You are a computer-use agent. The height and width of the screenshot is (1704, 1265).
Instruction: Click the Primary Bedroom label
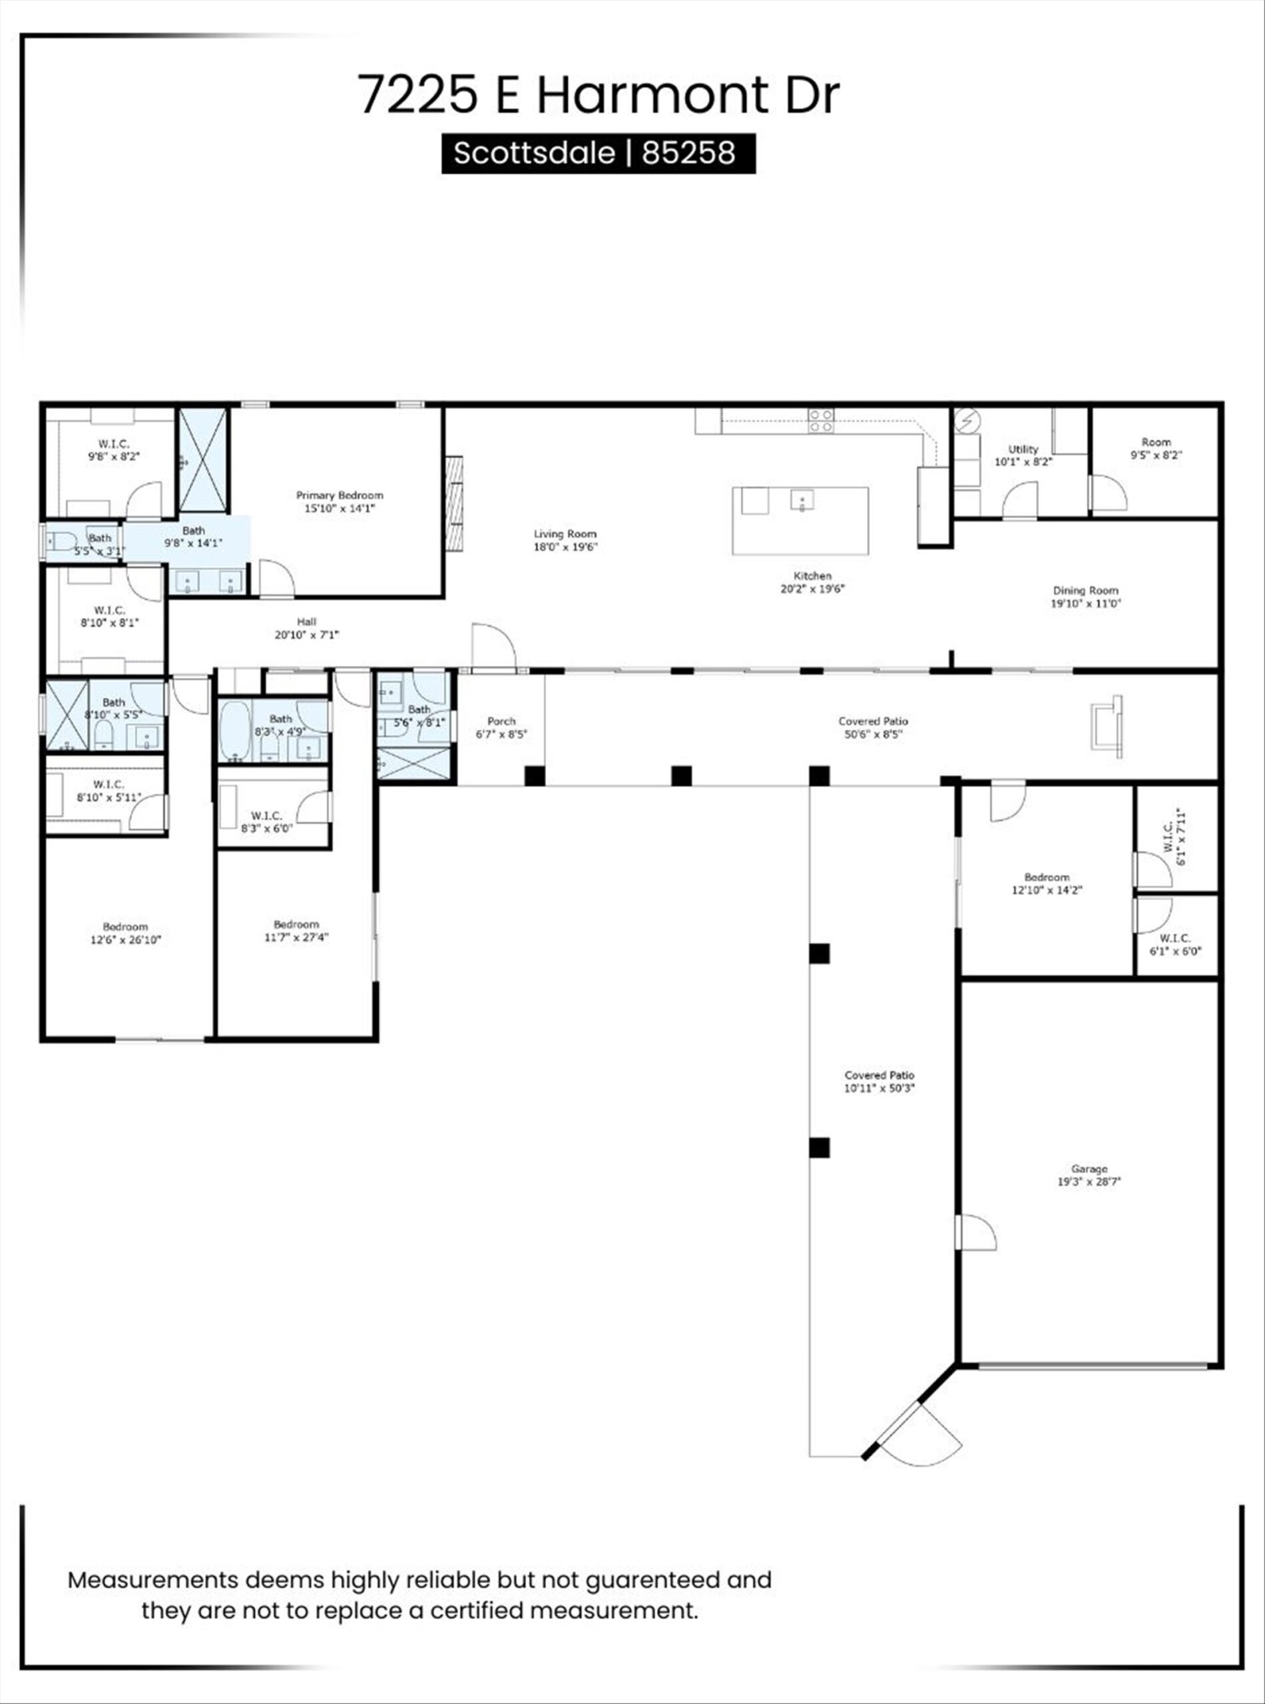[x=340, y=495]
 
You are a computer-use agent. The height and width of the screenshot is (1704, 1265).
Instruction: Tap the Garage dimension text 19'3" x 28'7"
[x=1089, y=1181]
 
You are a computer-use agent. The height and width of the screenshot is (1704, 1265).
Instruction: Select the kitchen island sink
[x=802, y=501]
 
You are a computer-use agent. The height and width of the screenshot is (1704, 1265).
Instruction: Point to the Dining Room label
[x=1085, y=590]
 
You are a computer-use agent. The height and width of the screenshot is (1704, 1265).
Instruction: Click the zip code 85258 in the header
[x=688, y=153]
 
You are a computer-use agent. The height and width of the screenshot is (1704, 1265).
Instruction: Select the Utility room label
[x=1023, y=449]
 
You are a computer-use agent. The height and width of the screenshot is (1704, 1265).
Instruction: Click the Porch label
[x=501, y=721]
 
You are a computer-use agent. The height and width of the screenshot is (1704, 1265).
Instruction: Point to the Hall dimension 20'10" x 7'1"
[x=306, y=634]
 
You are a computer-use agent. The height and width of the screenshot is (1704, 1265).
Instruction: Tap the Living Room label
[x=565, y=534]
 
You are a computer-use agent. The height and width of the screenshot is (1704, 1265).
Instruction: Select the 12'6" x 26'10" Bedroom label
[x=126, y=927]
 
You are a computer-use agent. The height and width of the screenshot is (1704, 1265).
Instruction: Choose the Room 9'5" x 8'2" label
[x=1156, y=442]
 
